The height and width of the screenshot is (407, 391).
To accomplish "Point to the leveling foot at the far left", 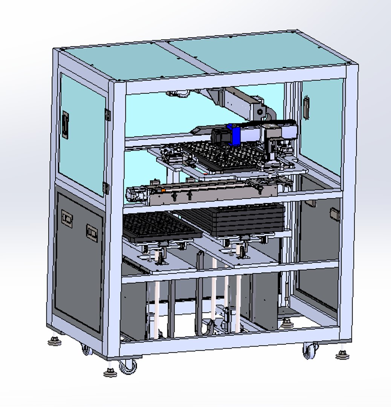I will [55, 341].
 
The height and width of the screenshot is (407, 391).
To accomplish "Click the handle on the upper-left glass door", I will [66, 125].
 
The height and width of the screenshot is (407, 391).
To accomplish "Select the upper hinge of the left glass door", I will [108, 115].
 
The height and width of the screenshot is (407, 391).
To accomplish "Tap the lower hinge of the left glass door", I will [106, 187].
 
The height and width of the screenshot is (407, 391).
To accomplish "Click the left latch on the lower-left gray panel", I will [67, 219].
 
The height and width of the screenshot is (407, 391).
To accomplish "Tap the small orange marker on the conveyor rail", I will [163, 191].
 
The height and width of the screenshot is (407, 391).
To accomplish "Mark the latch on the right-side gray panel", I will [335, 214].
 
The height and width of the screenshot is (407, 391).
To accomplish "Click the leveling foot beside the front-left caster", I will [110, 372].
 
